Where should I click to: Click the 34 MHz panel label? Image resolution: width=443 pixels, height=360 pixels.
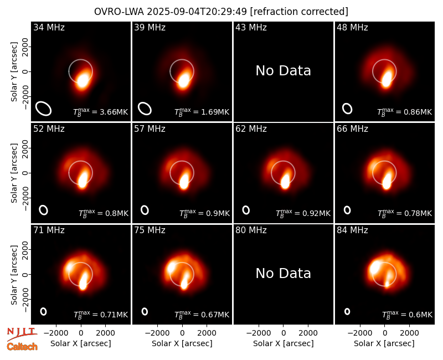(49, 27)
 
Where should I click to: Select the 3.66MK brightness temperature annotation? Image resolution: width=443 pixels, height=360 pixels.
(101, 112)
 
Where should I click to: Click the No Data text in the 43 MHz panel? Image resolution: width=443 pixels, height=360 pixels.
(283, 71)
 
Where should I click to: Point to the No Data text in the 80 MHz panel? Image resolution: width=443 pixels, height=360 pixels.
(283, 273)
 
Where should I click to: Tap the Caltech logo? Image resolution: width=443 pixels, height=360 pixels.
(22, 347)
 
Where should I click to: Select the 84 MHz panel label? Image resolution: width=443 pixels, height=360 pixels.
(352, 230)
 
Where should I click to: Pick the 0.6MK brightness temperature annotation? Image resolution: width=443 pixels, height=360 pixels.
(407, 315)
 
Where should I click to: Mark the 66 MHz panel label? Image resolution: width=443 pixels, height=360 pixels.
(352, 129)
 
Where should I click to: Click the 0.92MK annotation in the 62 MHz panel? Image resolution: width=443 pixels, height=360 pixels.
(303, 213)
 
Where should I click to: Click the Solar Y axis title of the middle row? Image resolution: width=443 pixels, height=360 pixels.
(14, 173)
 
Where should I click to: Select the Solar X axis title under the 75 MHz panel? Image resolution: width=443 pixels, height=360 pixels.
(182, 343)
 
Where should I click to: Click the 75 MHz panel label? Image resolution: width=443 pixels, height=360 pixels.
(150, 230)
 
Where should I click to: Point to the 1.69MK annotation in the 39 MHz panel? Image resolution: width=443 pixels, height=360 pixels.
(202, 112)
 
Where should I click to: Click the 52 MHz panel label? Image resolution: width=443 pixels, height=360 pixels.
(49, 129)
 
